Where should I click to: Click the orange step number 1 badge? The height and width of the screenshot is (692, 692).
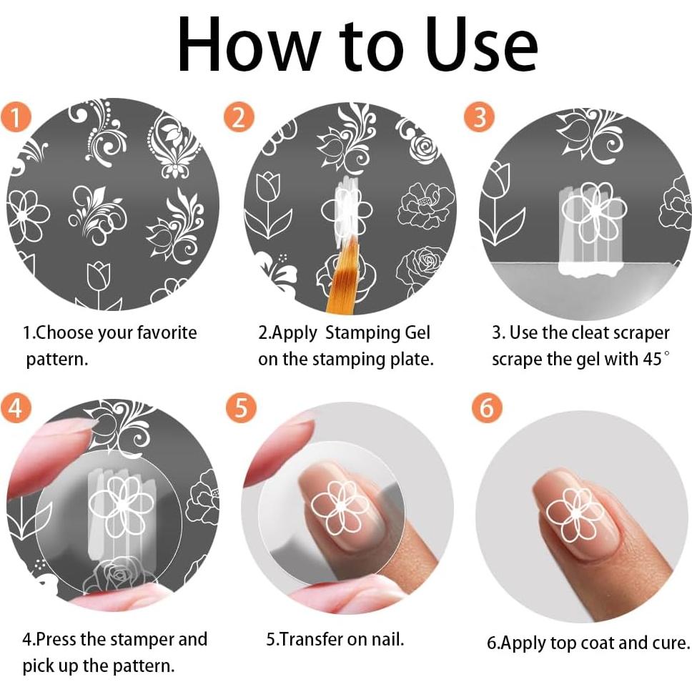[16, 118]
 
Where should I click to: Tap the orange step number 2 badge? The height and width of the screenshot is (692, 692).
[239, 117]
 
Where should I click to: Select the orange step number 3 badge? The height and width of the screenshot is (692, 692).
[479, 117]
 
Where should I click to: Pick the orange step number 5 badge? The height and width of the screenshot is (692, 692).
[241, 407]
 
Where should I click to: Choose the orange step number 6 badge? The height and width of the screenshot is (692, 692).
[487, 407]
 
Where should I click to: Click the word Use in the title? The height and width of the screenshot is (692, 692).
[482, 44]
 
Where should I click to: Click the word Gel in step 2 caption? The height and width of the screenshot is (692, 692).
[417, 332]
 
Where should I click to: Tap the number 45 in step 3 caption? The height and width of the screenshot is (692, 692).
[652, 359]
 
